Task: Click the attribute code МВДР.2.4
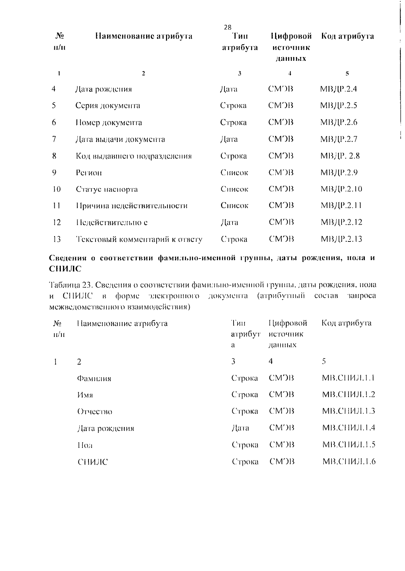pos(339,89)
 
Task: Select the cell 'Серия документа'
pos(108,106)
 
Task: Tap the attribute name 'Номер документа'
pos(109,122)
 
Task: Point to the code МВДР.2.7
pos(339,139)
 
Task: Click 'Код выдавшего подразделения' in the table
pos(134,156)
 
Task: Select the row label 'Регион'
pos(89,173)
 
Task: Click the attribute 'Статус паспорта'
pos(107,189)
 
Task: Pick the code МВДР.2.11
pos(341,205)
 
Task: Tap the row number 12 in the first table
pos(57,222)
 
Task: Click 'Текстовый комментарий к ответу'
pos(139,239)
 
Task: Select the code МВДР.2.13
pos(341,239)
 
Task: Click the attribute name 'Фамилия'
pos(94,378)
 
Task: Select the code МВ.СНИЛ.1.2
pos(349,394)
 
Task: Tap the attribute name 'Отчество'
pos(95,411)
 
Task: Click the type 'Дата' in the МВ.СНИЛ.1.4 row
pos(240,428)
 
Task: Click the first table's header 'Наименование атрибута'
pos(144,36)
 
